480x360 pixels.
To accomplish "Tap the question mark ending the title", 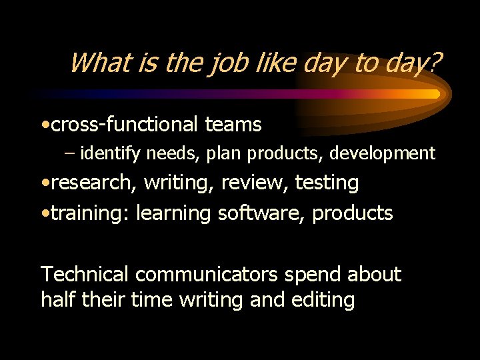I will point(435,63).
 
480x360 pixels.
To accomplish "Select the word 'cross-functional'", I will point(125,124).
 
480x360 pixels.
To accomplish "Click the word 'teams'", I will point(233,124).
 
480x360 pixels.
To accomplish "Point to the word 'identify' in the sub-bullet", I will point(111,154).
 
